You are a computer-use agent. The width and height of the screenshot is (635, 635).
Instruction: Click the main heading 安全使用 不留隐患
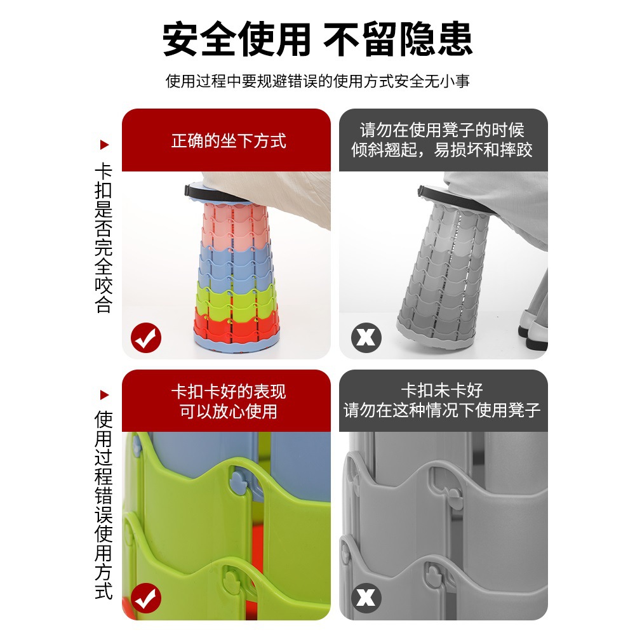317,39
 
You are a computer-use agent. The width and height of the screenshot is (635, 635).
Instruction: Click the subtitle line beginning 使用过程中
317,81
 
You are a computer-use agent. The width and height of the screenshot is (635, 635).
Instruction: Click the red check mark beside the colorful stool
146,338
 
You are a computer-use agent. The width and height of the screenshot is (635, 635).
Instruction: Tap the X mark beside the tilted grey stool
366,338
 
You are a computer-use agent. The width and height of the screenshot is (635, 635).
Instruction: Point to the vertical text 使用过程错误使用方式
104,505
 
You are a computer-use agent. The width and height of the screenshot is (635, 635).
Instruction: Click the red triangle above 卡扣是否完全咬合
105,145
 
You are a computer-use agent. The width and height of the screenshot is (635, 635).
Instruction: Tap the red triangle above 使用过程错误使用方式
105,394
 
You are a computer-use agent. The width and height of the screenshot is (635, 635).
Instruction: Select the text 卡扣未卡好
442,390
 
